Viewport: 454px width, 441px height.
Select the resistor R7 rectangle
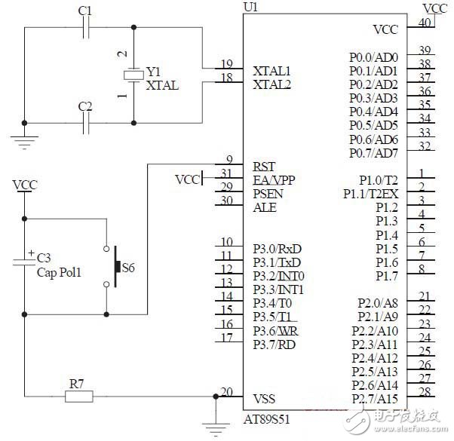tap(78, 396)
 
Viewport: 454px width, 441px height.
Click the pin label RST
tap(264, 165)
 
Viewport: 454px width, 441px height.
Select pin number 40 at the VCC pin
tap(425, 23)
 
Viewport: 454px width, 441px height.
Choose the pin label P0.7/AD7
tap(373, 154)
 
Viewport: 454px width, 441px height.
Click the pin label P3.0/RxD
tap(278, 248)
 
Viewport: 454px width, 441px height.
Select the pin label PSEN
tap(268, 193)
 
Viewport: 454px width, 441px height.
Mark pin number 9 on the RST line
tap(229, 158)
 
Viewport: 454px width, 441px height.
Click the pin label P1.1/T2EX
tap(370, 194)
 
